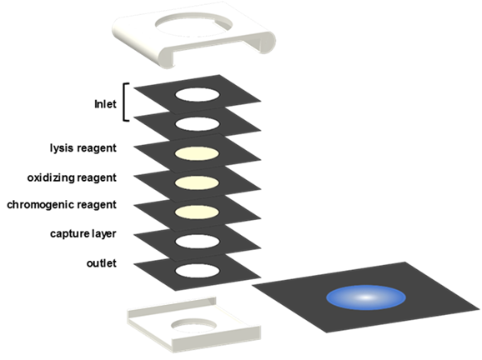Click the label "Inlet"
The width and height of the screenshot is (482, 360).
tap(105, 104)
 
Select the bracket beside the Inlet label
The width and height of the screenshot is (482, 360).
tap(124, 102)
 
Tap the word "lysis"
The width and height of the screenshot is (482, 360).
tap(62, 148)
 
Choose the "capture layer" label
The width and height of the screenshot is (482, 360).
tap(83, 234)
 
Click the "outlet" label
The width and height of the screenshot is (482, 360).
tap(102, 263)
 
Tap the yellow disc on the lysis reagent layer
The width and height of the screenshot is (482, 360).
tap(197, 153)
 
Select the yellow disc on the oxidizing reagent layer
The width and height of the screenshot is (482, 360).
tap(197, 182)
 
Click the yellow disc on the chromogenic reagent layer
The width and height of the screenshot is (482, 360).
tap(197, 212)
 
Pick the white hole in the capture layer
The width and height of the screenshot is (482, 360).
tap(198, 241)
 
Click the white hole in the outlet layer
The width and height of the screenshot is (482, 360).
tap(198, 271)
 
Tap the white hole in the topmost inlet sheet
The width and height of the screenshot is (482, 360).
tap(198, 95)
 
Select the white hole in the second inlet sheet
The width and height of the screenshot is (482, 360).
tap(198, 124)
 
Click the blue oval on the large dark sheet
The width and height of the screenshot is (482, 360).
tap(366, 297)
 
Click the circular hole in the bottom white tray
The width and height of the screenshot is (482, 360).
tap(193, 325)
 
